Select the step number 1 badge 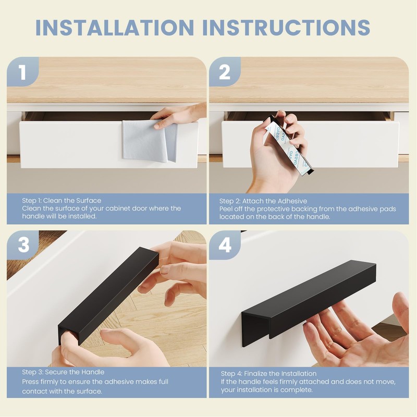coord(22,72)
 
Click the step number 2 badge coord(225,72)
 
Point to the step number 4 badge coord(225,246)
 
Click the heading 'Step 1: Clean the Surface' coord(62,201)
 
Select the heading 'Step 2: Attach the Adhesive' coord(263,201)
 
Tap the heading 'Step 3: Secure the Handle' coord(63,372)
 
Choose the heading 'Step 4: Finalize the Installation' coord(268,374)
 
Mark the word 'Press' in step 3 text coord(31,382)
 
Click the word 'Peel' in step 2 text coord(227,209)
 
